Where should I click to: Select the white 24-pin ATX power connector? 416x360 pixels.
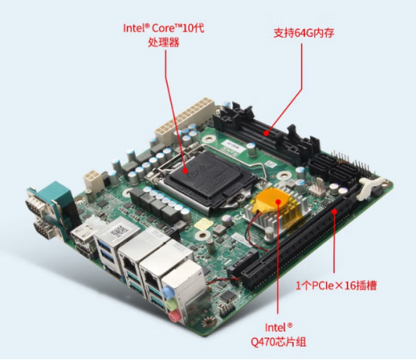click(185, 119)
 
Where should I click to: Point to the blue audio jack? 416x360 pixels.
click(167, 292)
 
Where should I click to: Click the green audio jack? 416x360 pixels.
click(171, 304)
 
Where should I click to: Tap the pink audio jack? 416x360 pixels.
click(174, 316)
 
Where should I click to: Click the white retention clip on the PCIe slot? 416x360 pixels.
click(369, 187)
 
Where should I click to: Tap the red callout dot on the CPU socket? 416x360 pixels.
click(185, 171)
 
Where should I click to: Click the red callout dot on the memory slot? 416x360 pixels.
click(267, 133)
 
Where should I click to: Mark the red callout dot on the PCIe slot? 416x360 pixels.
click(334, 211)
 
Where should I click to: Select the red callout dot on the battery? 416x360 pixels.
click(278, 202)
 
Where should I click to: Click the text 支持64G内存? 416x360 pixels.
click(304, 33)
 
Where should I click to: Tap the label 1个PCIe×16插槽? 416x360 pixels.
click(336, 286)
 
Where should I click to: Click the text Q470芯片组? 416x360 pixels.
click(279, 342)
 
